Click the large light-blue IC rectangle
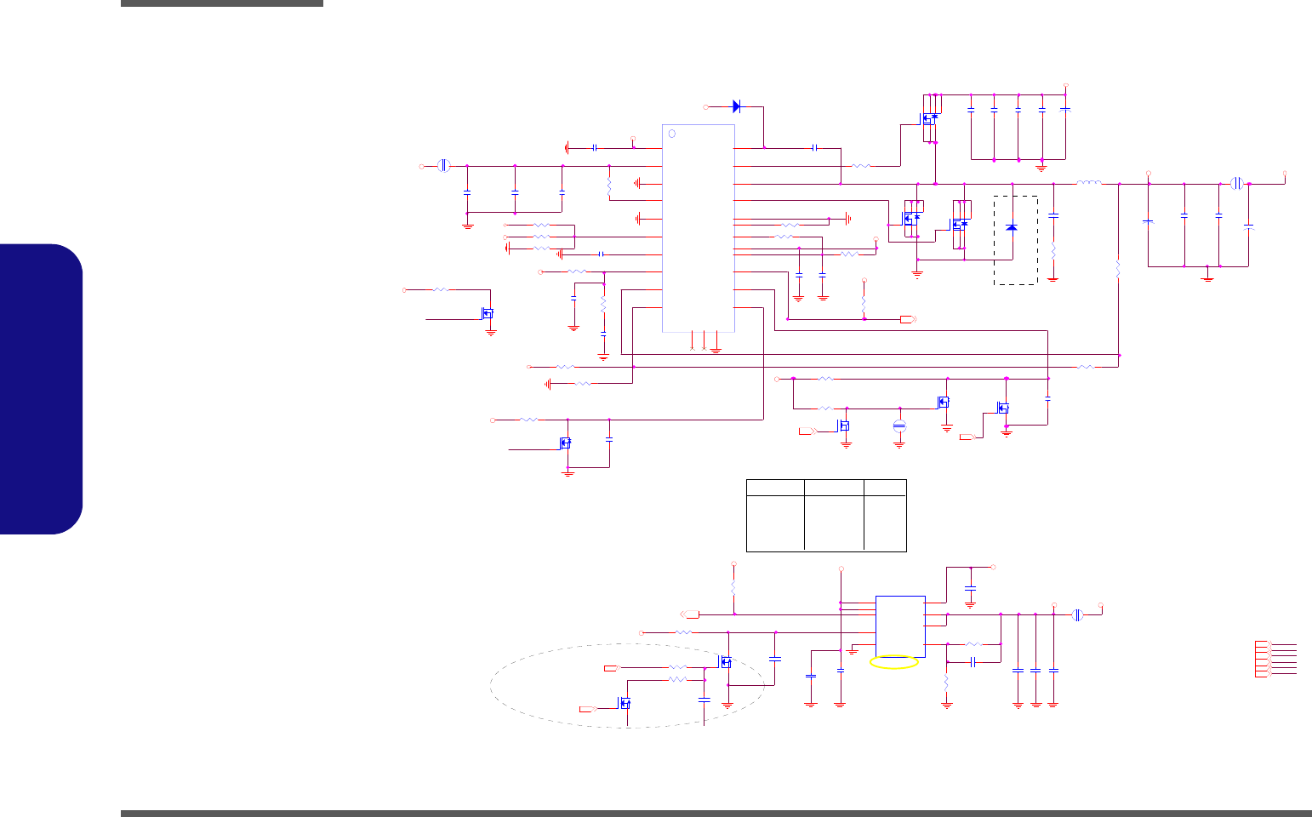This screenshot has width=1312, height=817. (x=698, y=228)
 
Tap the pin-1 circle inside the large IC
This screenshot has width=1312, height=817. (x=671, y=134)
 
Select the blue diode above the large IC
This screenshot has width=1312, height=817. (x=737, y=106)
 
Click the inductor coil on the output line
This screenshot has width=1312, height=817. (x=1088, y=182)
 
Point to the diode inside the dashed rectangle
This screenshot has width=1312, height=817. (x=1011, y=227)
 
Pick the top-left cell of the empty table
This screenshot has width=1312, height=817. (x=775, y=488)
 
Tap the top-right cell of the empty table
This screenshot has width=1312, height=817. (x=885, y=488)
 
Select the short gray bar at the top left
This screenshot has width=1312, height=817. (x=221, y=3)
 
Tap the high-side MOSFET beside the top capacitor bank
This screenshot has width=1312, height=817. (x=930, y=119)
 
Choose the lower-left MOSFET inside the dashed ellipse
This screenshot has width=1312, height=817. (x=625, y=703)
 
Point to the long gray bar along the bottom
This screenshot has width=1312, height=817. (x=715, y=813)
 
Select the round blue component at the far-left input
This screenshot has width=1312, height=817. (x=443, y=166)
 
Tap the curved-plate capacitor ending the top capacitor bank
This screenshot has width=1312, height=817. (x=1066, y=111)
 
